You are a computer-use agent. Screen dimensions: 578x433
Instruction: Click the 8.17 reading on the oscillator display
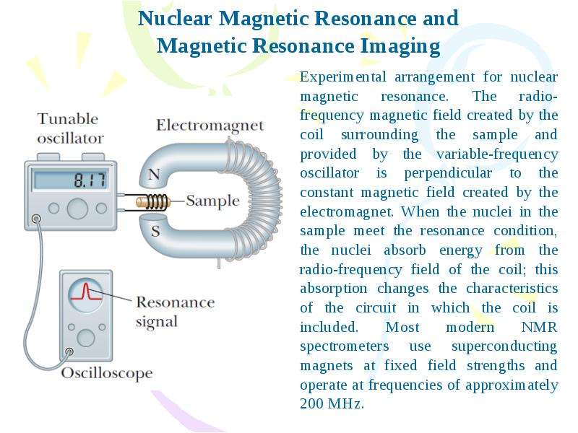pyautogui.click(x=90, y=180)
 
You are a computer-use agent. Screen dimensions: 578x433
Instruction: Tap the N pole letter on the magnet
pyautogui.click(x=154, y=174)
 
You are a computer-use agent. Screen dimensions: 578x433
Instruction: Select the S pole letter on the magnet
pyautogui.click(x=155, y=231)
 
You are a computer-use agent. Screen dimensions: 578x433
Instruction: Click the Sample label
pyautogui.click(x=212, y=201)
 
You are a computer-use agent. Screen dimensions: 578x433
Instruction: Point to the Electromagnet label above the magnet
pyautogui.click(x=210, y=125)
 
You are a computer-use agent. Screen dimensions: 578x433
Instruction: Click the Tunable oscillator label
pyautogui.click(x=70, y=128)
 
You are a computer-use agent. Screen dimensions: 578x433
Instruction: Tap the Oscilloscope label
pyautogui.click(x=107, y=373)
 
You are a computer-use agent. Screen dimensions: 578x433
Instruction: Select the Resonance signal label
pyautogui.click(x=175, y=312)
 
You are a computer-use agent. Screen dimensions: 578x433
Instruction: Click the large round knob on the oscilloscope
pyautogui.click(x=86, y=338)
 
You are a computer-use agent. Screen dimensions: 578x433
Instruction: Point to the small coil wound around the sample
pyautogui.click(x=155, y=202)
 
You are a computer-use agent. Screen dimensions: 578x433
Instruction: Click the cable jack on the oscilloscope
pyautogui.click(x=69, y=351)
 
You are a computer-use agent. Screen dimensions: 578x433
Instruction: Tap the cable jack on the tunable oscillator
pyautogui.click(x=36, y=219)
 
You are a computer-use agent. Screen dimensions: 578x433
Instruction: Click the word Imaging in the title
pyautogui.click(x=400, y=46)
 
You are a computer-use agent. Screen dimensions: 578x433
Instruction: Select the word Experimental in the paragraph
pyautogui.click(x=342, y=77)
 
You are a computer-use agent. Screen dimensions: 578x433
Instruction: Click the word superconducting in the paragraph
pyautogui.click(x=504, y=346)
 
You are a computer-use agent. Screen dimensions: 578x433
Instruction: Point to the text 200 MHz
pyautogui.click(x=332, y=403)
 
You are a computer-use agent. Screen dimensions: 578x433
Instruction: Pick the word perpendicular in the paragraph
pyautogui.click(x=448, y=173)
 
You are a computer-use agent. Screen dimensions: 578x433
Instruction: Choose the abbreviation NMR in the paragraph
pyautogui.click(x=539, y=327)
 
